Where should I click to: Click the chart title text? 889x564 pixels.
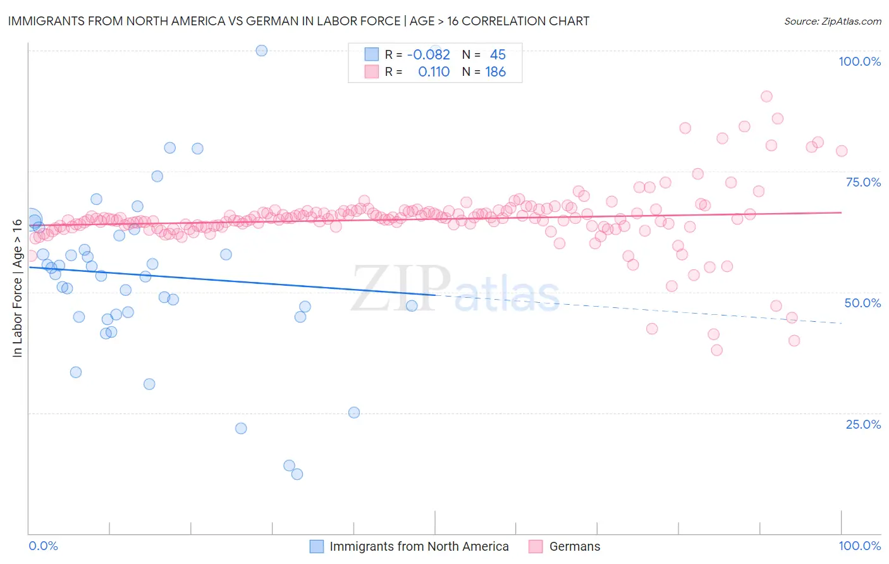(298, 21)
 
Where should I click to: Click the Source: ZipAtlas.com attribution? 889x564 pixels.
(832, 21)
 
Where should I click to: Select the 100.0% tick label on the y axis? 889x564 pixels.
(859, 61)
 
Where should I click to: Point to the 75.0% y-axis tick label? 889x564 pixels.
(863, 182)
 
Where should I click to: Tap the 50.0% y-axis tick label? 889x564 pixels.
(863, 303)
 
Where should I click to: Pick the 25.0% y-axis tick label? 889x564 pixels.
(863, 424)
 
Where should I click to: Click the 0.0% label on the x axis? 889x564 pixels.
(43, 546)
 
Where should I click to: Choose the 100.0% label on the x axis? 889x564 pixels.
(859, 546)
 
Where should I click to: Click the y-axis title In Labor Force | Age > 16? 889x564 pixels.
(17, 288)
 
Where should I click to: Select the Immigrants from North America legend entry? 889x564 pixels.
(419, 546)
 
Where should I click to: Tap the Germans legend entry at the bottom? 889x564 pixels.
(574, 546)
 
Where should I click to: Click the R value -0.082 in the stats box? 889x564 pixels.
(428, 54)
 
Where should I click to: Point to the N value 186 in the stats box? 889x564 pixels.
(495, 72)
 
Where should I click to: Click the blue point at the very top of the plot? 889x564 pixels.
(261, 51)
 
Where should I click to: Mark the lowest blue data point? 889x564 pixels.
(297, 474)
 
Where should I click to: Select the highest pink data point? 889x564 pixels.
(766, 97)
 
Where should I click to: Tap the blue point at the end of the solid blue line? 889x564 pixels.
(412, 306)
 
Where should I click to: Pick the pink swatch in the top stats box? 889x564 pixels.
(371, 72)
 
